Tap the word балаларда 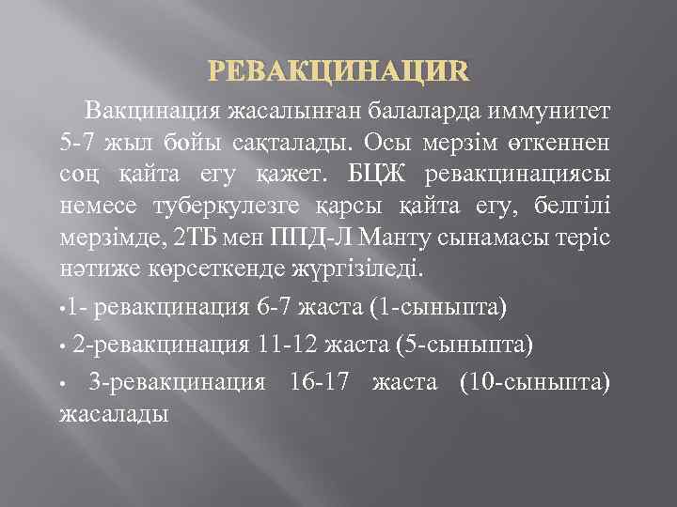click(421, 110)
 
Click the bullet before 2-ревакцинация click(63, 346)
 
